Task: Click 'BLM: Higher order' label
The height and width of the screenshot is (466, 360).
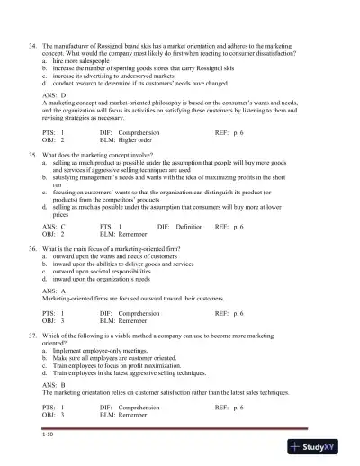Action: tap(128, 140)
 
